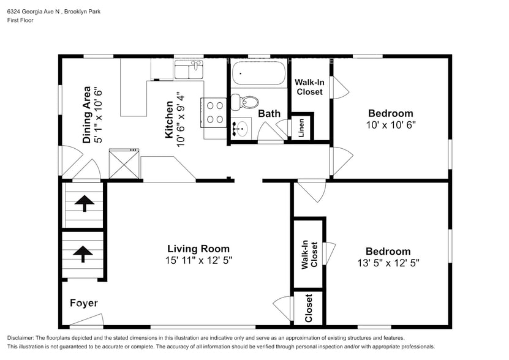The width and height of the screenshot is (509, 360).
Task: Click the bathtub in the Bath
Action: [258, 73]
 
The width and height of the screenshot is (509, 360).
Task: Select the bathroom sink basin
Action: [241, 129]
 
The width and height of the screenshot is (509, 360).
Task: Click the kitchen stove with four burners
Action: [214, 112]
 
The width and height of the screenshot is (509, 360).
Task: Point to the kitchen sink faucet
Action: [196, 65]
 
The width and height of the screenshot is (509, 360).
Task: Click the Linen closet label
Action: [301, 127]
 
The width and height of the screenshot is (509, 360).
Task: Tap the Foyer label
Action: [84, 303]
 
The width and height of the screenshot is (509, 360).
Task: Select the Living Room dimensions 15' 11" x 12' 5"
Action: [198, 260]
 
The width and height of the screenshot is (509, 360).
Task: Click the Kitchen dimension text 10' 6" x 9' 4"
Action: [181, 119]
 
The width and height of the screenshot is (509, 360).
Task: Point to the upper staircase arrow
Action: [85, 203]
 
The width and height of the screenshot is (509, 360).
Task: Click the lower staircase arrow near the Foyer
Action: [83, 254]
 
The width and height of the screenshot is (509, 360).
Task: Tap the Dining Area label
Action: [87, 115]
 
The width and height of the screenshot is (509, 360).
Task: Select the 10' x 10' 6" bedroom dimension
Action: [391, 125]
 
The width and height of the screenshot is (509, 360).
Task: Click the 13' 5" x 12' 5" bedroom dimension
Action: [388, 263]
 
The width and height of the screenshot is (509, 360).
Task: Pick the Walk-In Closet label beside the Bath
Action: [309, 87]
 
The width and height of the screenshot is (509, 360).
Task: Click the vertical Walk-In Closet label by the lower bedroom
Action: [309, 255]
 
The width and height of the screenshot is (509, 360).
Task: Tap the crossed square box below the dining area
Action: [124, 163]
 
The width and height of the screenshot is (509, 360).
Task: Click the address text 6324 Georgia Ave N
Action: [34, 12]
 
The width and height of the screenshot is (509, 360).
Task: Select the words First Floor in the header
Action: [20, 20]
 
